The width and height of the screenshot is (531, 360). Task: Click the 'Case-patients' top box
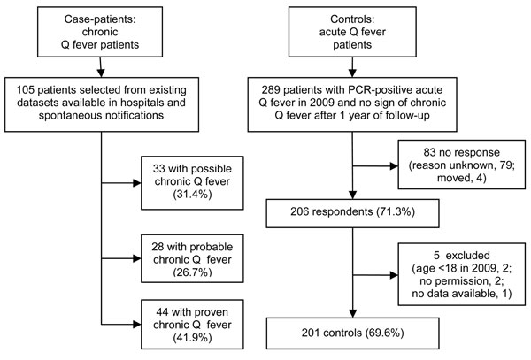[x=100, y=32]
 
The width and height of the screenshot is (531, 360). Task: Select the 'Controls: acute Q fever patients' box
[x=352, y=32]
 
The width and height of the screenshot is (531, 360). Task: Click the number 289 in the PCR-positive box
[x=271, y=90]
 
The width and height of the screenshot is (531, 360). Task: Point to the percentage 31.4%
[x=192, y=195]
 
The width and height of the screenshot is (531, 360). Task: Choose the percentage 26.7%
[x=192, y=272]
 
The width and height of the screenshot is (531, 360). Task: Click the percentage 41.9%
[x=192, y=337]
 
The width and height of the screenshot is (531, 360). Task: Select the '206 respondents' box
[x=352, y=213]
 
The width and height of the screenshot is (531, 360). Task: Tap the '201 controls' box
[x=352, y=333]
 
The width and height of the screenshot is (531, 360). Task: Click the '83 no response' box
[x=462, y=165]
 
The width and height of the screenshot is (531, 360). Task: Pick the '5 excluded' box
[x=462, y=274]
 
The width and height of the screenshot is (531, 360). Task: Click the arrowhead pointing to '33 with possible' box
[x=137, y=183]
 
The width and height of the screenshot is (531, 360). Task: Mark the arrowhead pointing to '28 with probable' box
[x=137, y=258]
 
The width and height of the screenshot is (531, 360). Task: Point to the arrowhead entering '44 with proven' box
[x=137, y=324]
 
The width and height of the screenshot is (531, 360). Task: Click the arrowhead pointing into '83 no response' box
[x=394, y=166]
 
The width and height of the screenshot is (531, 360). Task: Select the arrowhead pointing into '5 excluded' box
[x=394, y=275]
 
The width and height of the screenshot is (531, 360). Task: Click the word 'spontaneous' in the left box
[x=69, y=116]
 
